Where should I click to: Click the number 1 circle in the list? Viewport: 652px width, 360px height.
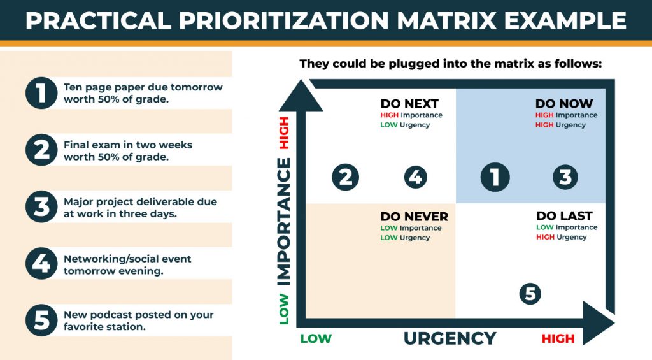pyautogui.click(x=41, y=93)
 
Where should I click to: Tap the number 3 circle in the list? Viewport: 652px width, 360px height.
pyautogui.click(x=41, y=207)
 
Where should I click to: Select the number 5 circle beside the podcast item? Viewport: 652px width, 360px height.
pyautogui.click(x=41, y=320)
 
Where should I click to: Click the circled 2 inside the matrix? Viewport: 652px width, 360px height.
pyautogui.click(x=346, y=177)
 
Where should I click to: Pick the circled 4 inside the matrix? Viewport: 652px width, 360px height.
pyautogui.click(x=415, y=177)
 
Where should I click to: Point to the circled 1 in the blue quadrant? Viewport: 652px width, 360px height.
pyautogui.click(x=495, y=177)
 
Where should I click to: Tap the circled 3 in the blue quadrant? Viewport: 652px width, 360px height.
pyautogui.click(x=565, y=177)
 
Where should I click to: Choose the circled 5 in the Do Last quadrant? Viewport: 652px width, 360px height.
pyautogui.click(x=530, y=294)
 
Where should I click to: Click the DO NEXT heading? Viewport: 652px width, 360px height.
pyautogui.click(x=409, y=104)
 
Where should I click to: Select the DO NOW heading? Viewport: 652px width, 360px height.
pyautogui.click(x=564, y=104)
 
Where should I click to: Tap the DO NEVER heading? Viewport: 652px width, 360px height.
pyautogui.click(x=414, y=217)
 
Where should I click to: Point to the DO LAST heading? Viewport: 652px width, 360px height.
pyautogui.click(x=564, y=216)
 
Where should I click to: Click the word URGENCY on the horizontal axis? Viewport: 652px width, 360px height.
pyautogui.click(x=450, y=338)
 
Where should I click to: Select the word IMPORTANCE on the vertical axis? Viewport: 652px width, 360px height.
pyautogui.click(x=284, y=221)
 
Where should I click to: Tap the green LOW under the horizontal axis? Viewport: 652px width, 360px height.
pyautogui.click(x=316, y=339)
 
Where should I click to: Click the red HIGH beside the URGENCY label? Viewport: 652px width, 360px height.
pyautogui.click(x=558, y=339)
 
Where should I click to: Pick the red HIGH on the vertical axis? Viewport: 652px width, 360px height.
pyautogui.click(x=284, y=133)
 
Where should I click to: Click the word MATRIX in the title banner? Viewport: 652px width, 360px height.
pyautogui.click(x=446, y=20)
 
